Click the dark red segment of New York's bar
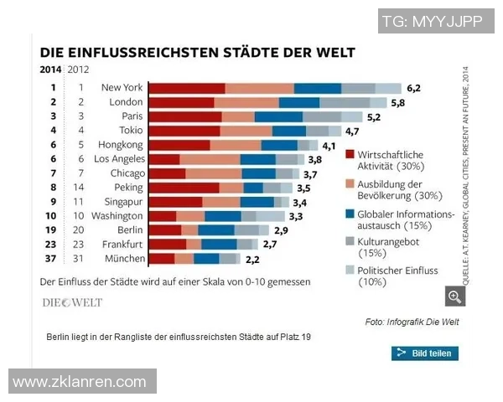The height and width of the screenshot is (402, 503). coord(187,88)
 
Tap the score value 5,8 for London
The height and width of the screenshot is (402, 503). coord(398,102)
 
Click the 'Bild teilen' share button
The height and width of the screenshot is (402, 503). coord(425,353)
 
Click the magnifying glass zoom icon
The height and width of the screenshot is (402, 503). coord(454,296)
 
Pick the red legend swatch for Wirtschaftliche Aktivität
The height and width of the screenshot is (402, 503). coord(350,155)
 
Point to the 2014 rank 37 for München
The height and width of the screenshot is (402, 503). coord(53,258)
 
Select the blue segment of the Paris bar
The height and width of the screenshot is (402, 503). coord(278,116)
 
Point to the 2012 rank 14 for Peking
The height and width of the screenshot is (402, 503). coord(80,188)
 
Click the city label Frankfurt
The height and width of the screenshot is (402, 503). coord(122,244)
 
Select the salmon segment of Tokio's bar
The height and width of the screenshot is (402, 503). coord(246,131)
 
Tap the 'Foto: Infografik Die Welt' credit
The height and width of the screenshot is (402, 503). coord(412,322)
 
